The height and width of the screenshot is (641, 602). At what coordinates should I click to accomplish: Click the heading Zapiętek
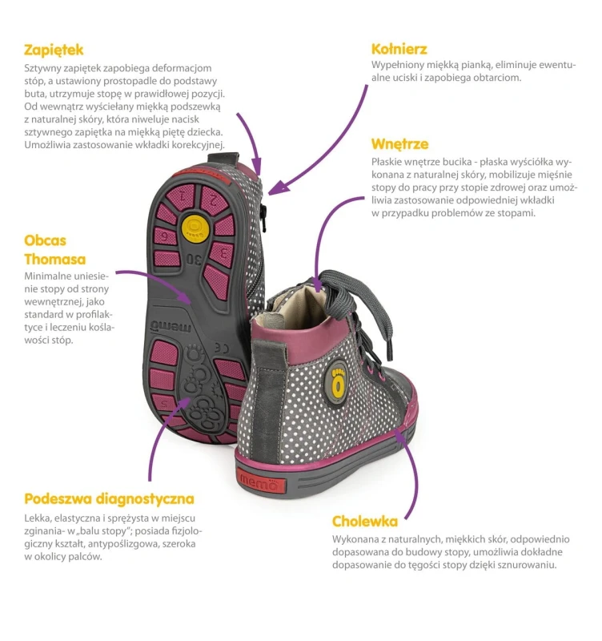pos(54,50)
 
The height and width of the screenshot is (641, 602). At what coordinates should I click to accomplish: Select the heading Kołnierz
pos(399,49)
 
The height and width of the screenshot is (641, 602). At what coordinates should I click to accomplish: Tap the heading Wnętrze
pos(399,144)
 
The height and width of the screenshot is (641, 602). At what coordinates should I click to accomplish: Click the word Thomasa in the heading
pos(54,259)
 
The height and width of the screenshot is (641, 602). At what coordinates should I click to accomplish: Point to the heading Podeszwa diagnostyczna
pos(109,499)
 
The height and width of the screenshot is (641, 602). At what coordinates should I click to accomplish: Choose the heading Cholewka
pos(365,522)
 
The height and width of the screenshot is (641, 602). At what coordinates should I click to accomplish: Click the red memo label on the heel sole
pos(260,483)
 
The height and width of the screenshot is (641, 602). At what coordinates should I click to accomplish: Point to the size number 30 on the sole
pos(195,259)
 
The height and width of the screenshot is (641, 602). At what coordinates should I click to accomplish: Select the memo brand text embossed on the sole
pos(171,326)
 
